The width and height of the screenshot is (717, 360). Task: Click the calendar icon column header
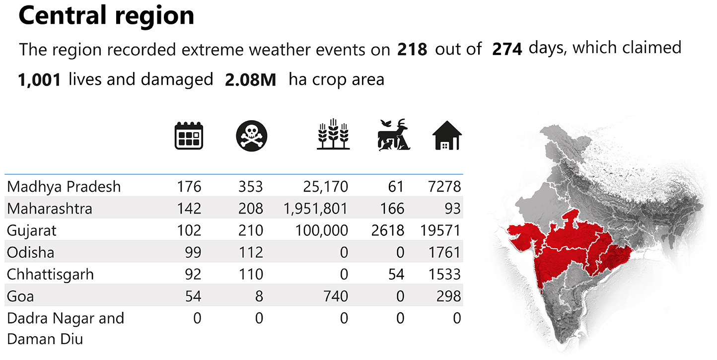tap(189, 136)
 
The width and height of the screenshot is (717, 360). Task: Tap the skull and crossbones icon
tap(252, 136)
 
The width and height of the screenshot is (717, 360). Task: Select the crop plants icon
tap(333, 135)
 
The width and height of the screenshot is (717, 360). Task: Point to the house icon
tap(447, 136)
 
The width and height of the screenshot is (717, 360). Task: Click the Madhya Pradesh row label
tap(64, 187)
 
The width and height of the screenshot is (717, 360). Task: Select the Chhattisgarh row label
tap(50, 274)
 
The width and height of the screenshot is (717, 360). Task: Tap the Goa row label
tap(20, 296)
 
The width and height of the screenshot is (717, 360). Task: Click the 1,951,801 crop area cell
tap(316, 209)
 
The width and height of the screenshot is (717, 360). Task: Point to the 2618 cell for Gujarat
tap(387, 230)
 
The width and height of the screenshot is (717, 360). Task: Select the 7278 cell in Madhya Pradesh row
tap(444, 187)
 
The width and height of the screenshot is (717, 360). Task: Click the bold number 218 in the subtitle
tap(412, 49)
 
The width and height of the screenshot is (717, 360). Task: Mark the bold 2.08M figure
tap(250, 79)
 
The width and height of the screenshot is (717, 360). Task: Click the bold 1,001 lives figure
tap(39, 79)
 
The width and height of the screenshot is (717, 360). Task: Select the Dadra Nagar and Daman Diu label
tap(65, 328)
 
